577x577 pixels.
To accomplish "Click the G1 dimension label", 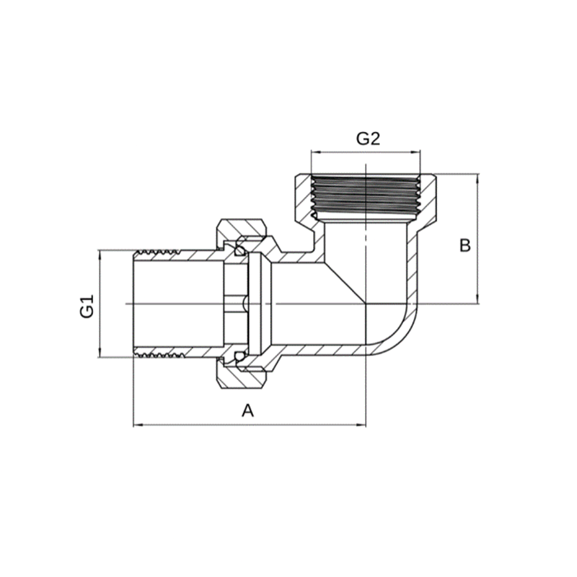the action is (x=87, y=306).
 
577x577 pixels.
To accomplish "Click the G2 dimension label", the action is (x=368, y=138).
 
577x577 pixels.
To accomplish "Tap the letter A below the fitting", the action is (x=247, y=410).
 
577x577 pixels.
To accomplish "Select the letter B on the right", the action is (x=465, y=246).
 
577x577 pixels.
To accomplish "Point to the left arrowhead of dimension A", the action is (x=138, y=425).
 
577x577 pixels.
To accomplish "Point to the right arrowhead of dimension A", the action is (x=362, y=425).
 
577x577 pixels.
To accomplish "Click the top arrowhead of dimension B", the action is (x=478, y=179).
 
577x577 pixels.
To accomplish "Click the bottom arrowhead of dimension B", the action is (x=478, y=299).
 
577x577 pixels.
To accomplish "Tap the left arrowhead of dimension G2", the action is (x=316, y=151).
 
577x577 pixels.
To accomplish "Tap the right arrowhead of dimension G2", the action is (x=415, y=151).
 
